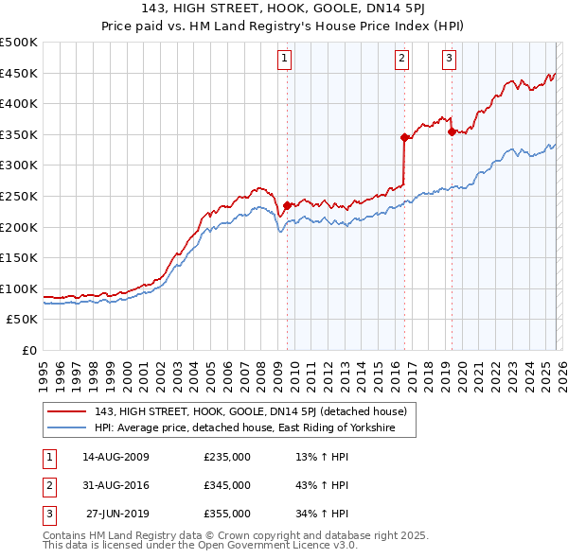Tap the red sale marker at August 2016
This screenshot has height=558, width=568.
click(404, 137)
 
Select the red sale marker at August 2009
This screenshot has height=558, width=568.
click(287, 204)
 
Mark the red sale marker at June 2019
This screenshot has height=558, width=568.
click(452, 131)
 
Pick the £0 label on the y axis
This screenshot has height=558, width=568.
click(30, 350)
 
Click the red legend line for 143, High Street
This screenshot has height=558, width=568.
click(67, 411)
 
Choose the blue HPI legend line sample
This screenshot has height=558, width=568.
click(67, 428)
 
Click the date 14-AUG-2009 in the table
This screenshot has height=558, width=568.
click(115, 457)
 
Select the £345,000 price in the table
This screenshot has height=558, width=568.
click(227, 485)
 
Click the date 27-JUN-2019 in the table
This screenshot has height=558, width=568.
click(115, 514)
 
